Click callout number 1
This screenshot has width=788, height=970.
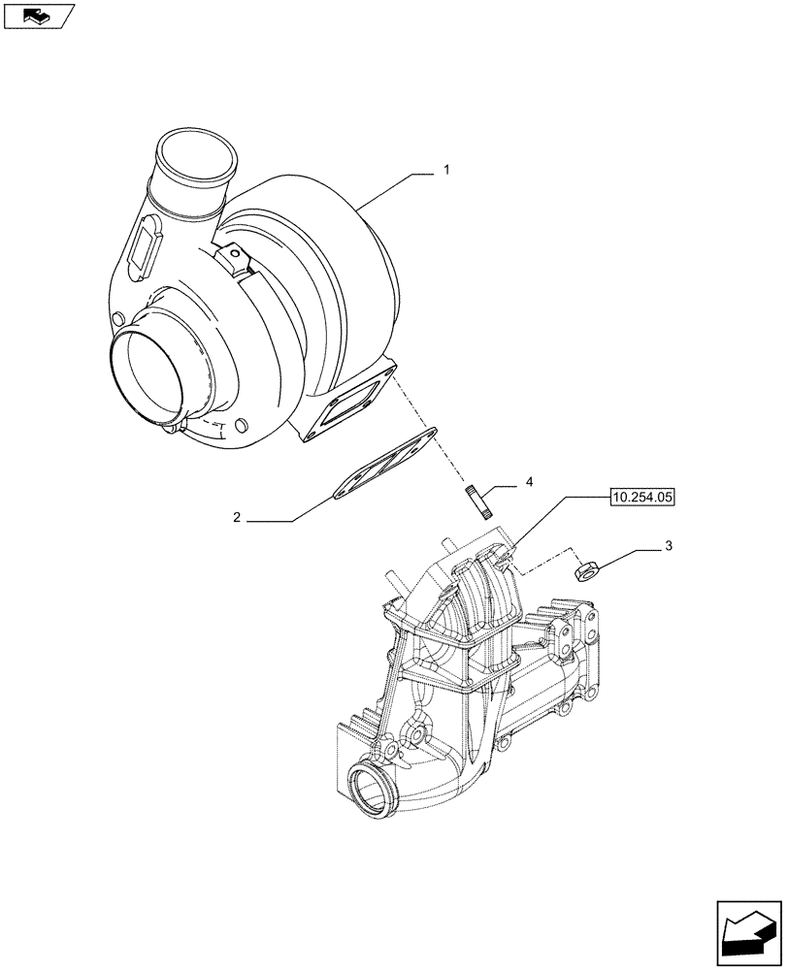click(x=445, y=171)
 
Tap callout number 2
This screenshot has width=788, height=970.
click(x=236, y=518)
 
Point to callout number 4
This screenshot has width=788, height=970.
click(x=529, y=482)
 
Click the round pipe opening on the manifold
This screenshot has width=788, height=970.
click(x=370, y=786)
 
